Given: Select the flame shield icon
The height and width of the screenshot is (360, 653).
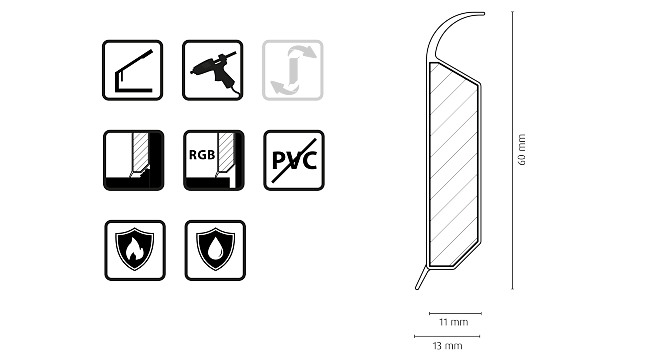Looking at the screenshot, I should pyautogui.click(x=134, y=250).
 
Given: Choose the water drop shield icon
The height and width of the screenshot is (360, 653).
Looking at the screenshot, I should pyautogui.click(x=214, y=250).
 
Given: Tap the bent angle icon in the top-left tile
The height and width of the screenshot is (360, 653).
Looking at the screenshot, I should pyautogui.click(x=132, y=70).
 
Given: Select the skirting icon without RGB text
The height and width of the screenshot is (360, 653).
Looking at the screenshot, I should pyautogui.click(x=132, y=160).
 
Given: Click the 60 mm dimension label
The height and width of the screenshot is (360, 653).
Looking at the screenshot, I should pyautogui.click(x=522, y=151).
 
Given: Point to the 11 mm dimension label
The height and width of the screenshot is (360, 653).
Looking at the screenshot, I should pyautogui.click(x=453, y=322).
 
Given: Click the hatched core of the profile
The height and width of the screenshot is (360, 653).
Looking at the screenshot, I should pyautogui.click(x=452, y=165).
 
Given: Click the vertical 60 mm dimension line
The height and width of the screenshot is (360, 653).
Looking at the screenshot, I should pyautogui.click(x=513, y=150).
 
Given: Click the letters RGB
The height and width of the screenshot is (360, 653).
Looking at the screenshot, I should pyautogui.click(x=201, y=155).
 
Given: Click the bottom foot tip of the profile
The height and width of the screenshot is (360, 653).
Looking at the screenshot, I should pyautogui.click(x=420, y=291).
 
